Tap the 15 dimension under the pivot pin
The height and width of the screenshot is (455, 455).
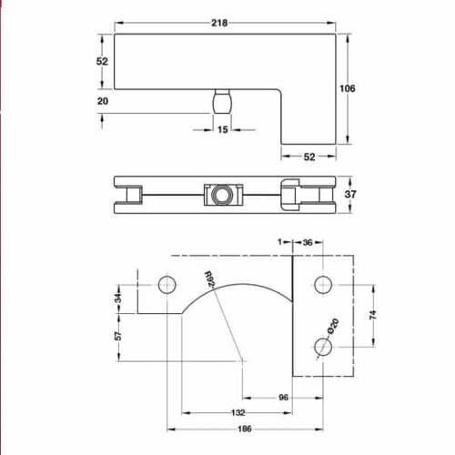click(x=222, y=130)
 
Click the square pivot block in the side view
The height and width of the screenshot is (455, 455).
click(x=219, y=194)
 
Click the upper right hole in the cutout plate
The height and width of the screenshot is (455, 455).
click(x=320, y=285)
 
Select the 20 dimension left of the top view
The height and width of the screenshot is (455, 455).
click(x=101, y=102)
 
